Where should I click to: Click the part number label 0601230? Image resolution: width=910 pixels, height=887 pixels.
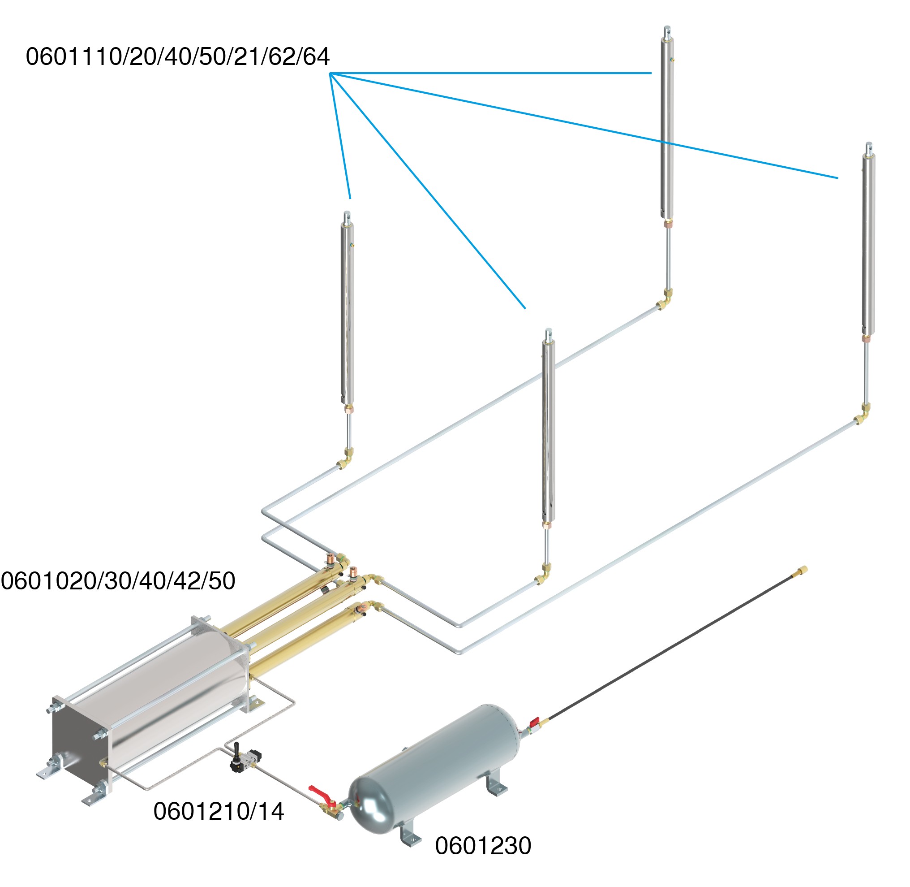[483, 845]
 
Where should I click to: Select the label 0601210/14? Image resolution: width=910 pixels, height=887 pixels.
[218, 811]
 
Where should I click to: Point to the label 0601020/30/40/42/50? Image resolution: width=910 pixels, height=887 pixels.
[118, 581]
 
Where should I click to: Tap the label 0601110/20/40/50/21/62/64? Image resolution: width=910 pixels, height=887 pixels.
[177, 57]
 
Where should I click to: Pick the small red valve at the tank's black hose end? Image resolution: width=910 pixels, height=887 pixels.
[534, 723]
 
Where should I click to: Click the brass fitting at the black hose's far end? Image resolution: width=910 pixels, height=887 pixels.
[803, 570]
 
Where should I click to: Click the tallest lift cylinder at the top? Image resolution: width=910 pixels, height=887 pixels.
[667, 126]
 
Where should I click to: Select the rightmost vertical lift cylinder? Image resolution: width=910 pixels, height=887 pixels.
[868, 242]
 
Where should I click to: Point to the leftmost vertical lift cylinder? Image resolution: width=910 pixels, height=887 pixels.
[347, 312]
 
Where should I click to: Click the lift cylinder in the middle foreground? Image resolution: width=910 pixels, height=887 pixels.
[549, 428]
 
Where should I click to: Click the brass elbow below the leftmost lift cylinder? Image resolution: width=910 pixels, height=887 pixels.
[346, 459]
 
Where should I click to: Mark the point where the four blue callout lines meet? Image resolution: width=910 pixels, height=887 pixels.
[330, 74]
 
